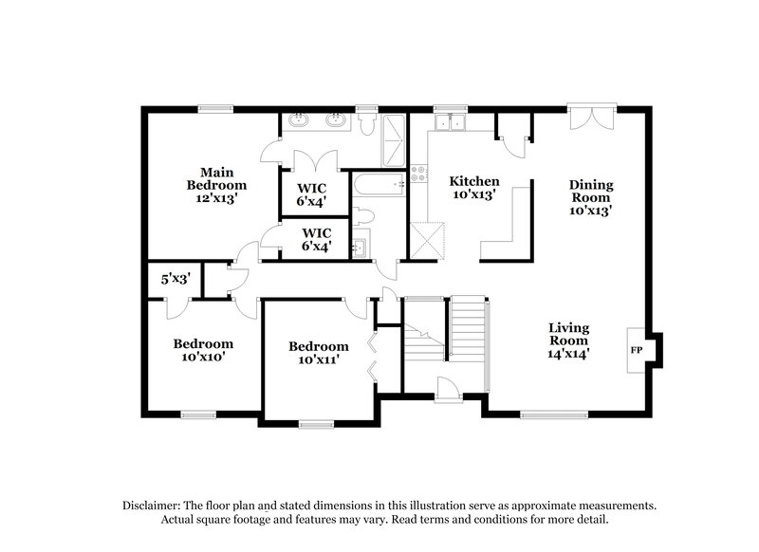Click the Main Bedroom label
216,185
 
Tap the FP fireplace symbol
636,350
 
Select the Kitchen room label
473,187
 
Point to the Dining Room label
590,198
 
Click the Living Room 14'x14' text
568,340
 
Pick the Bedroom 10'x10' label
202,350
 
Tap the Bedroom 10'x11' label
318,353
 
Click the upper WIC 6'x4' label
313,194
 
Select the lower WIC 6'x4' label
316,239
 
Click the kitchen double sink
449,121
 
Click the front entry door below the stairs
445,387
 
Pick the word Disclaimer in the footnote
155,506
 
